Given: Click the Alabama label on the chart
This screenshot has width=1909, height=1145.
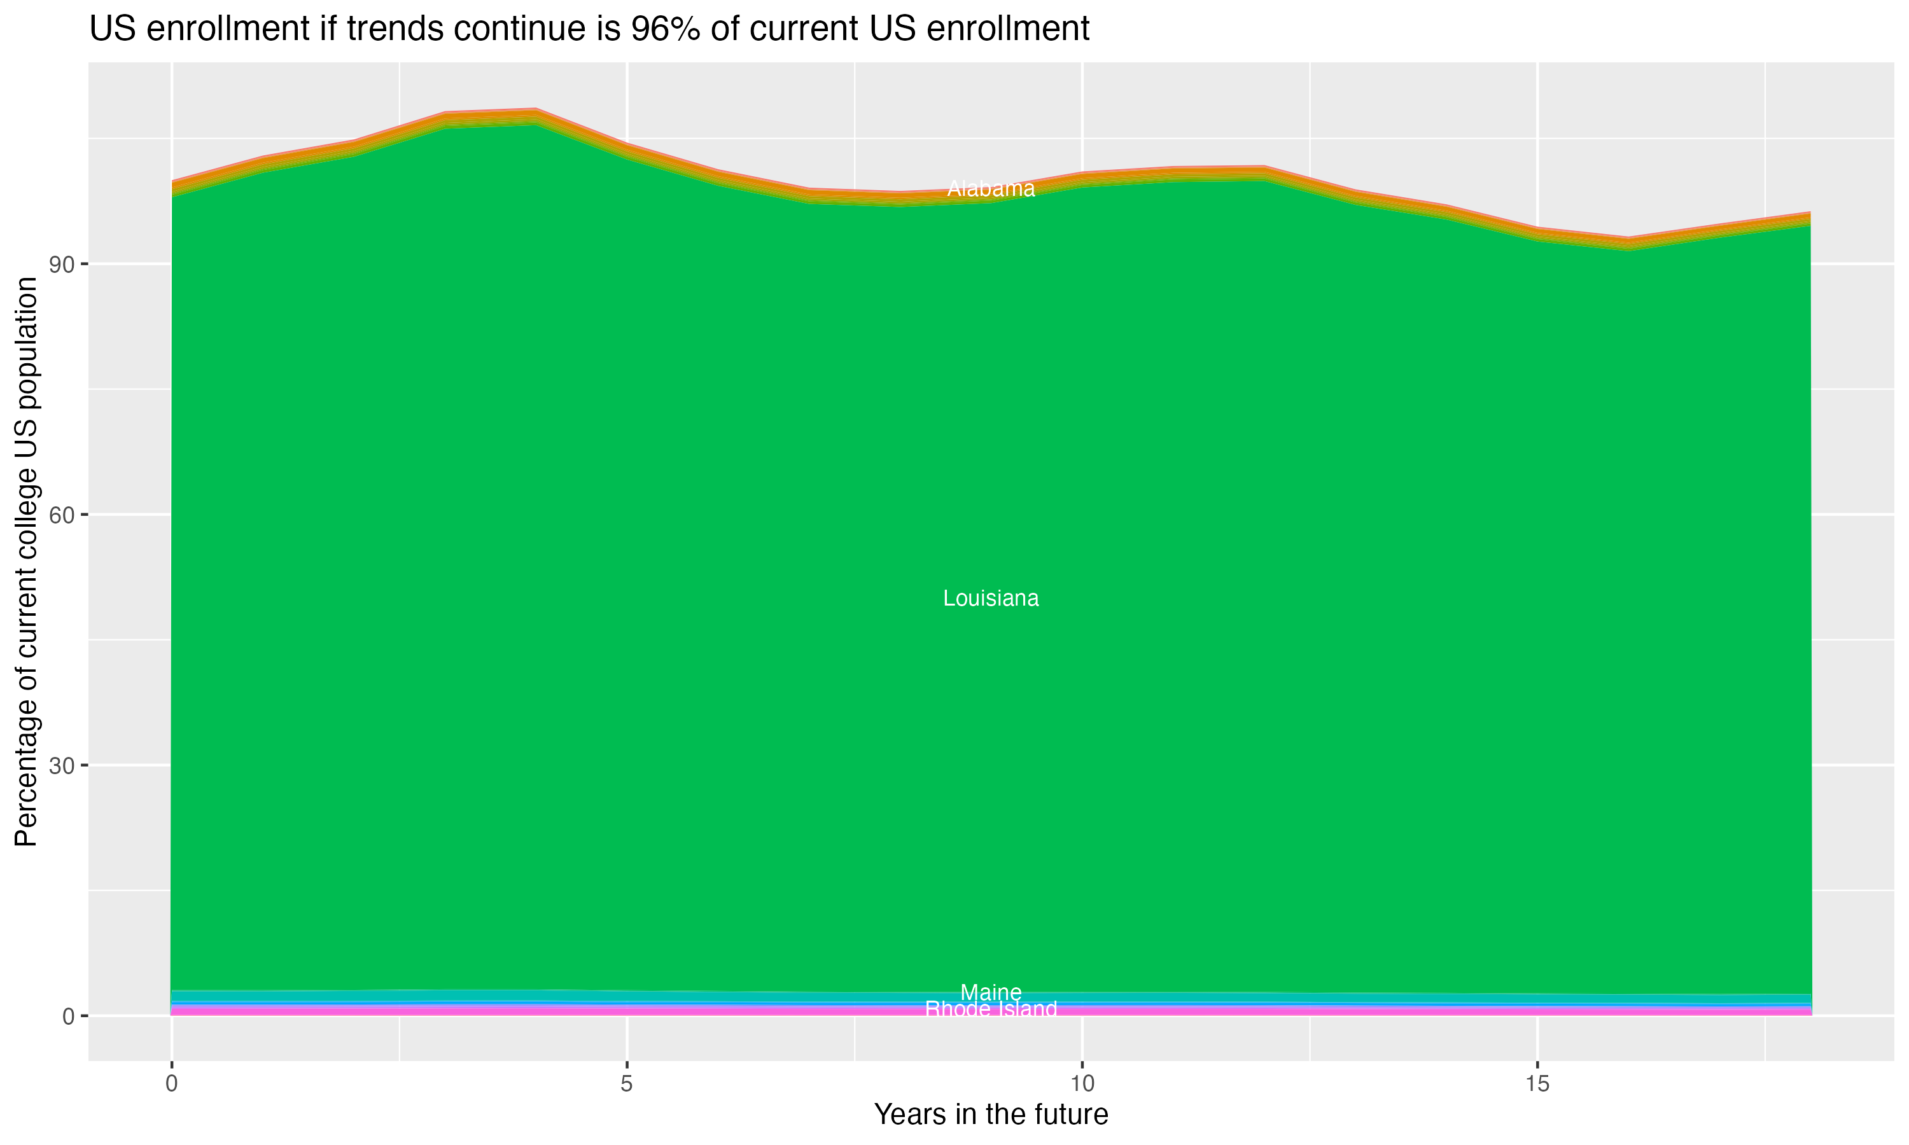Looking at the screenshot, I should [x=991, y=189].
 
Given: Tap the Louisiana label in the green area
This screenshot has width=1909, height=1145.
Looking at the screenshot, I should [x=991, y=599].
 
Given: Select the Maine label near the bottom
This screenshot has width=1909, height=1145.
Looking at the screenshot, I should [x=991, y=992].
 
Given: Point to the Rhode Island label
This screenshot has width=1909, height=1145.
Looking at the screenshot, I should [x=991, y=1010].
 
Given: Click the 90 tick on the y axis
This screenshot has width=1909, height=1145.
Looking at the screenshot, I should [x=62, y=265].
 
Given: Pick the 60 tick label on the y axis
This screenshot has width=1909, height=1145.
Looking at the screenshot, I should [x=62, y=515].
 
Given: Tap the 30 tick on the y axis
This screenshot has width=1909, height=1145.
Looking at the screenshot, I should [x=62, y=765].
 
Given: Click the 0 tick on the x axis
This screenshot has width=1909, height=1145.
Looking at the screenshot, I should [x=171, y=1084].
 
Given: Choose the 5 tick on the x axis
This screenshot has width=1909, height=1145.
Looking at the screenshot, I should [x=627, y=1084].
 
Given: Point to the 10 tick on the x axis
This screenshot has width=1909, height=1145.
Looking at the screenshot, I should [x=1082, y=1084].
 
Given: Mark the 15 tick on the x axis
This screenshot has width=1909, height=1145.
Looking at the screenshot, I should [x=1537, y=1084].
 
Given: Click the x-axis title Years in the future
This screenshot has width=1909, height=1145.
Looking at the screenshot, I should [x=991, y=1115].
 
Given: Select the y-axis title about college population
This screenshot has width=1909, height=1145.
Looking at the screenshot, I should [x=26, y=562].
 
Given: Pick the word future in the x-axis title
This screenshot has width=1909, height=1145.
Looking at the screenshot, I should [x=1066, y=1115].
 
